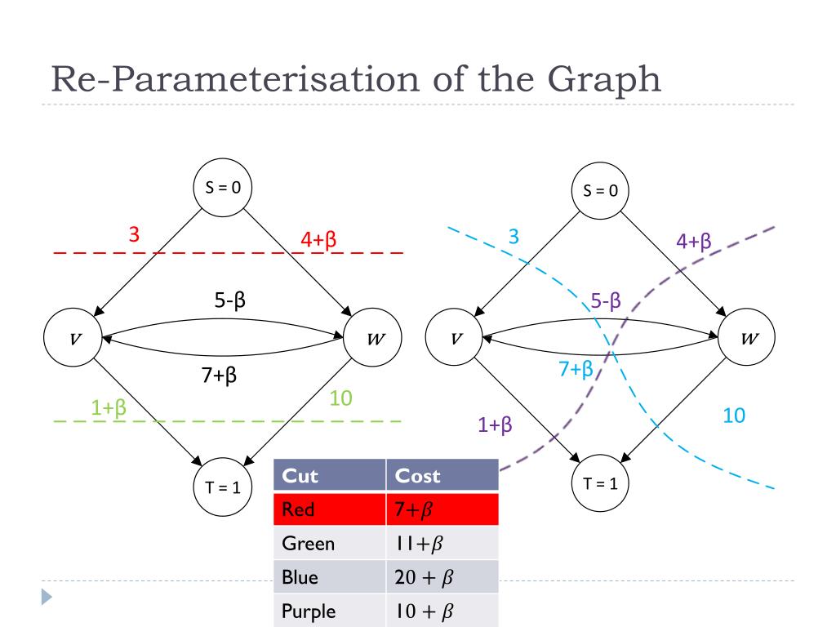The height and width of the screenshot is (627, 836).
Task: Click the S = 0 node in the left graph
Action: point(223,187)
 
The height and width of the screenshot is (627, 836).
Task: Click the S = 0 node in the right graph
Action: point(600,192)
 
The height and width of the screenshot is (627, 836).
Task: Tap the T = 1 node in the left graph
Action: point(223,487)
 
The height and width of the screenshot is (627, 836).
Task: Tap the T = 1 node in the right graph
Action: point(600,482)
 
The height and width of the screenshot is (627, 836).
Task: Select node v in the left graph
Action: point(75,337)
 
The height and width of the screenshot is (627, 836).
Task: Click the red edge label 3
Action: point(134,235)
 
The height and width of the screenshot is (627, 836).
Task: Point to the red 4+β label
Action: point(319,240)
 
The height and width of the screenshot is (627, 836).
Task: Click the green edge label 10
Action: point(340,398)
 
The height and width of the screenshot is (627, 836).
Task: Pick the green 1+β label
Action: point(109,407)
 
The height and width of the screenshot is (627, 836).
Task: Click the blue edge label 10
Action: point(734,416)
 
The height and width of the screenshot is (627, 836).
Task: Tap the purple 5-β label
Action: point(606,301)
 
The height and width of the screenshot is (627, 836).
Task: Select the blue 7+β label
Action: point(576,369)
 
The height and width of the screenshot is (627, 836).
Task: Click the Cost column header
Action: point(417,476)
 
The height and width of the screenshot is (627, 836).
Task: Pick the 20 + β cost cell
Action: point(424,578)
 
